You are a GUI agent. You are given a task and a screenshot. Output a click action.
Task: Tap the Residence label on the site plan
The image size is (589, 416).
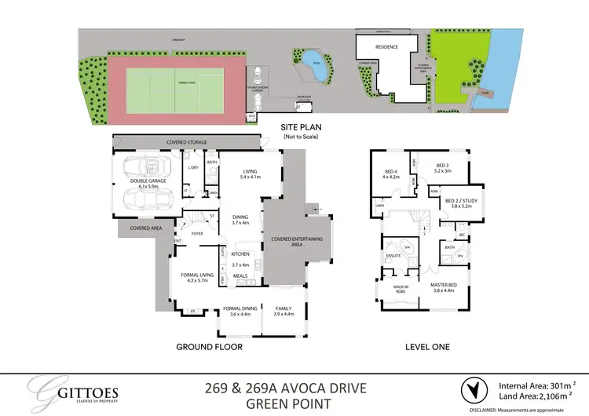point(386,47)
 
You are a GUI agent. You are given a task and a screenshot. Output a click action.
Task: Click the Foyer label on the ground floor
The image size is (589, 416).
point(197,233)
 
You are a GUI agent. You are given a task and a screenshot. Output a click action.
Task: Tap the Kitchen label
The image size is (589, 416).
point(240,254)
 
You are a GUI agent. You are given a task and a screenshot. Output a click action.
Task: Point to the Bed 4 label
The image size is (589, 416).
point(391,174)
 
